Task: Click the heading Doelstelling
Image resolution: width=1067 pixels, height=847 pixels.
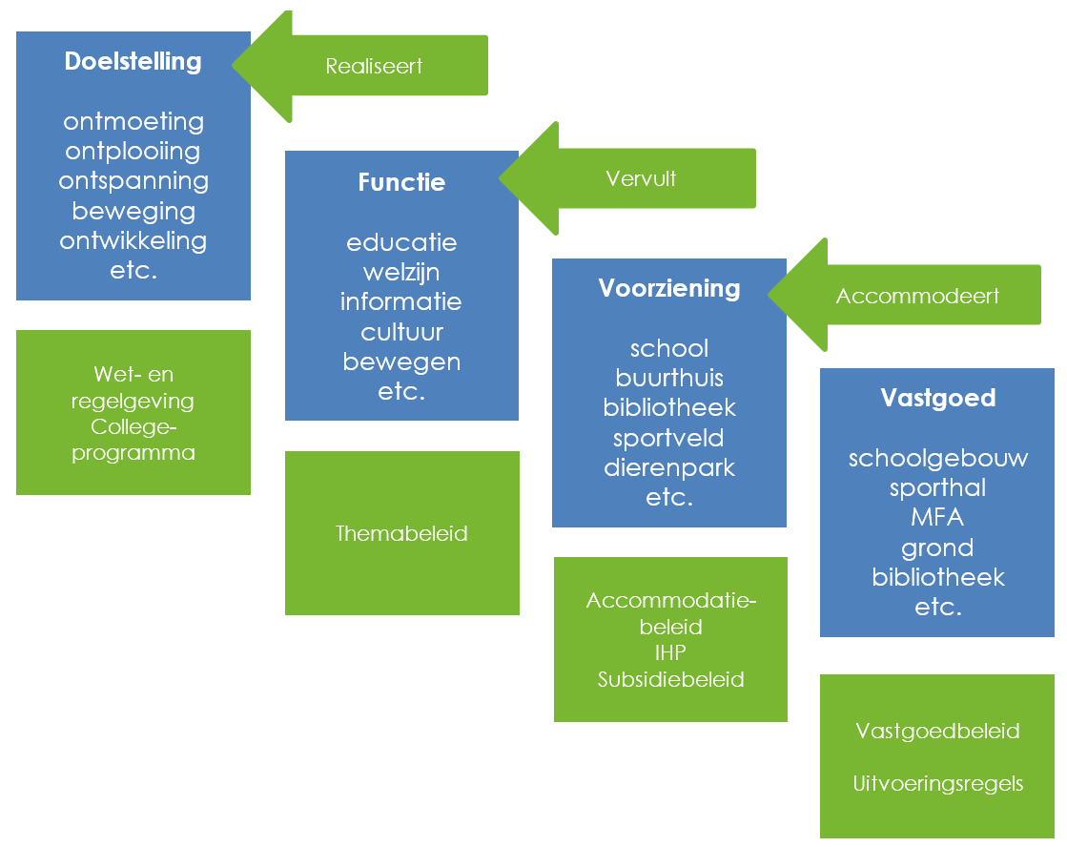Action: pos(133,62)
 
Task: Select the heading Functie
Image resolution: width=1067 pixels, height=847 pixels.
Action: pos(401,182)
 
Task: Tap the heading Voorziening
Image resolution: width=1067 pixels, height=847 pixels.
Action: pos(669,288)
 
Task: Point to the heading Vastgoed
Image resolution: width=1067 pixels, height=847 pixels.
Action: pos(938,398)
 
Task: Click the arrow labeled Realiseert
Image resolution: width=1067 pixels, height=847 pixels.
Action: pos(374,66)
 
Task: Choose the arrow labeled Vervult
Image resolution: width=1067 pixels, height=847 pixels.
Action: pos(641,178)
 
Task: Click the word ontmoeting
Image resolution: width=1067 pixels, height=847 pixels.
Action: pos(133,122)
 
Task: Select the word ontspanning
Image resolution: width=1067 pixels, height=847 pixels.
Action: pos(133,181)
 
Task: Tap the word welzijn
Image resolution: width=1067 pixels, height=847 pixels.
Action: pos(401,273)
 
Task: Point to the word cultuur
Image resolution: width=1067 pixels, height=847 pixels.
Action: pos(401,332)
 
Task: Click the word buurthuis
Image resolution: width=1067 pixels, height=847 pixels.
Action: pos(669,378)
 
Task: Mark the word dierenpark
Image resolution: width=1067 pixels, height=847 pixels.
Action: pos(669,467)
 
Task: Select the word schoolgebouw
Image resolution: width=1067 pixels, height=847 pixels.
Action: pos(938,458)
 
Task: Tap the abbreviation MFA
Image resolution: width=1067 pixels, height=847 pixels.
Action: pos(938,518)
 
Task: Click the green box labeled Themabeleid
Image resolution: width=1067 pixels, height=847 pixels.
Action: pos(401,533)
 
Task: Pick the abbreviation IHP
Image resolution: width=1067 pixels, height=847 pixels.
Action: pos(670,653)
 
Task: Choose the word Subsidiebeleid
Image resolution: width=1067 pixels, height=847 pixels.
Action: pos(670,679)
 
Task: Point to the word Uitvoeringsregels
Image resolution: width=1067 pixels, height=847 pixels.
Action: pos(938,784)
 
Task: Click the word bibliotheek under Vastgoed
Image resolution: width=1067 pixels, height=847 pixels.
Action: pos(938,577)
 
